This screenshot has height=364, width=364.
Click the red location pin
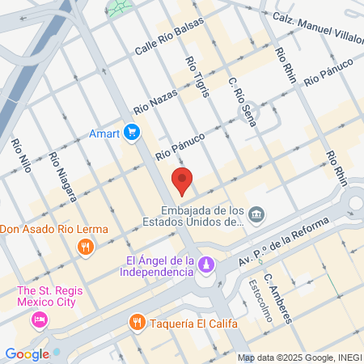click(x=182, y=181)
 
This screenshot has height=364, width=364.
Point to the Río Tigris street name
click(x=197, y=76)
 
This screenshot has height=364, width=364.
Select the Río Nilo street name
click(x=22, y=158)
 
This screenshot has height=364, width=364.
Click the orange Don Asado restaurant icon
click(x=84, y=246)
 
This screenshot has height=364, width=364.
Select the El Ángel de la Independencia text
click(x=160, y=266)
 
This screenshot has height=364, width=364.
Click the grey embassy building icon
click(x=256, y=214)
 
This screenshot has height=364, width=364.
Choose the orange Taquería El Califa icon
click(x=138, y=323)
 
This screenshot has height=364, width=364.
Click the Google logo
click(x=27, y=353)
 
